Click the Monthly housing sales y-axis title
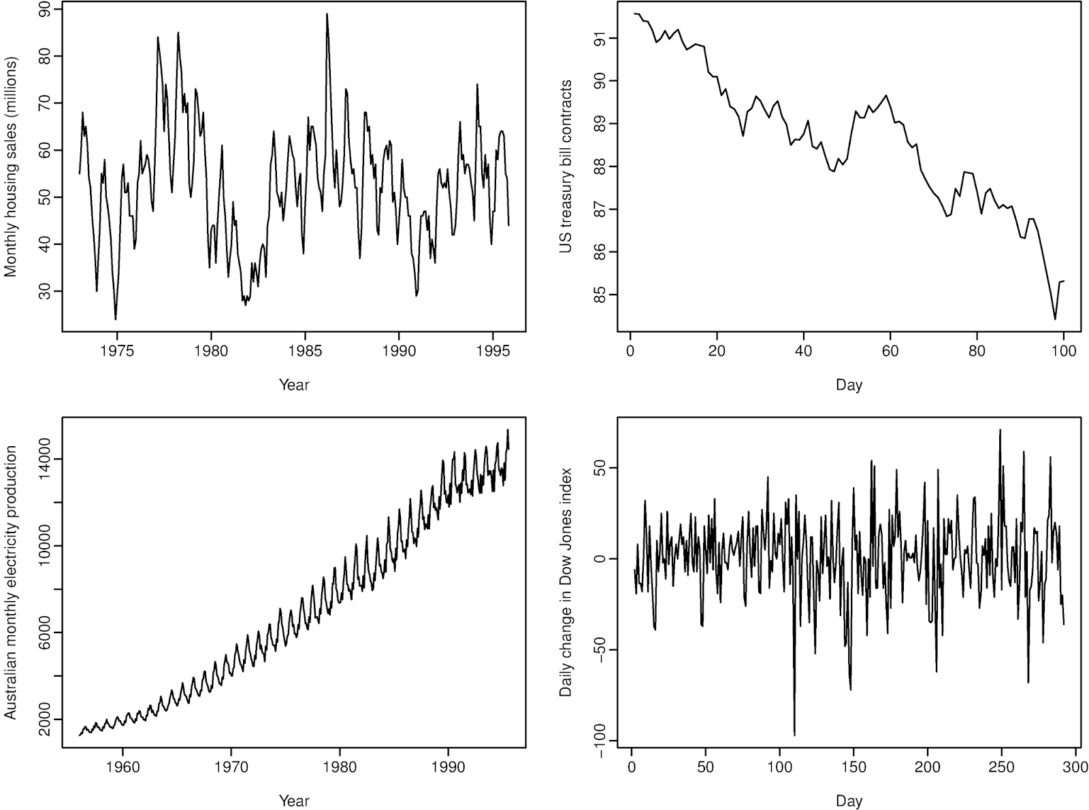[x=10, y=166]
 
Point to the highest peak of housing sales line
[x=327, y=14]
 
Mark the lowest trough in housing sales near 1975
[x=116, y=319]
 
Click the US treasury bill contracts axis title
[x=566, y=166]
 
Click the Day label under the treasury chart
[x=849, y=385]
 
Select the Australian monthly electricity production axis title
[x=10, y=582]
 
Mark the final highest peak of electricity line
[x=507, y=430]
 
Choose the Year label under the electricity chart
[x=293, y=801]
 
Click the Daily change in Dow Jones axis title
[x=566, y=582]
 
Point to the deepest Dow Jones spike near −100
[x=794, y=735]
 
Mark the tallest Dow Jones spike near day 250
[x=1000, y=430]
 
